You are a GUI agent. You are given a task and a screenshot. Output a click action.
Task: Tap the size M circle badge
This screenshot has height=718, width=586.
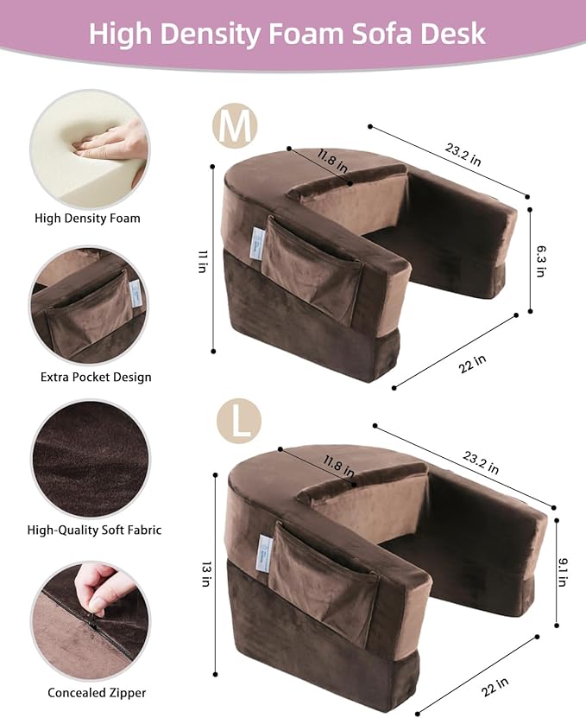click(x=235, y=127)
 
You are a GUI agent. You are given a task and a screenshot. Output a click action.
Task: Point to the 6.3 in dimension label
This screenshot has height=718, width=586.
click(x=540, y=259)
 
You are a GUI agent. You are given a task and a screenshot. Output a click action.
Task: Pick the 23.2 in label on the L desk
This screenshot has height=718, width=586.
click(x=479, y=467)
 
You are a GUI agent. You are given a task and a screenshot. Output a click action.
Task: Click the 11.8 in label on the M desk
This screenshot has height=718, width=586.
click(x=332, y=162)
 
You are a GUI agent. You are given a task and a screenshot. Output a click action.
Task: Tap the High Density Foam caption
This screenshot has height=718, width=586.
click(x=87, y=219)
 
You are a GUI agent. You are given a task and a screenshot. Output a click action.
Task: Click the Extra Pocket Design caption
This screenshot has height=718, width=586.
click(x=96, y=377)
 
